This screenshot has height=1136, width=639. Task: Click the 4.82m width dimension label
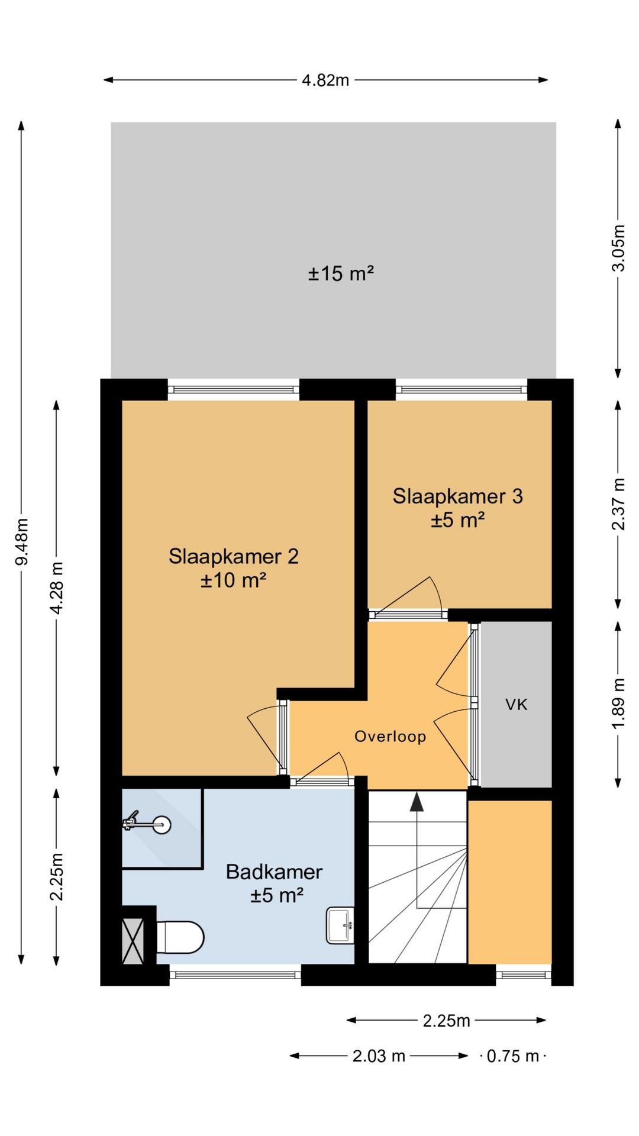click(x=325, y=80)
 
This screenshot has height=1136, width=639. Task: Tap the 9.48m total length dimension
click(x=22, y=541)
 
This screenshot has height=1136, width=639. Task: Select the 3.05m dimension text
click(x=618, y=248)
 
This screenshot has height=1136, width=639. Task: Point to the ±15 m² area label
click(x=341, y=274)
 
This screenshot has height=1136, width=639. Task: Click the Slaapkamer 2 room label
click(x=234, y=556)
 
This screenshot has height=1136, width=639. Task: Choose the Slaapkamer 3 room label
click(x=458, y=496)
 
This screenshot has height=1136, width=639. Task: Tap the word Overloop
click(x=390, y=736)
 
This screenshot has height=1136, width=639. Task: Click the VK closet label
click(x=517, y=704)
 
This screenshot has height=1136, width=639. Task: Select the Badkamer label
click(x=274, y=872)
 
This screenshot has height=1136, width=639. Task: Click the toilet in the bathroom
click(x=180, y=937)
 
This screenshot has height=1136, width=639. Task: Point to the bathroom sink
click(x=340, y=925)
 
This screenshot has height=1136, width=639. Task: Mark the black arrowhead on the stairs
click(x=418, y=802)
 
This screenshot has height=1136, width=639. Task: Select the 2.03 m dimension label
click(x=379, y=1056)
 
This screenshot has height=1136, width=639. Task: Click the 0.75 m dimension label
click(x=513, y=1056)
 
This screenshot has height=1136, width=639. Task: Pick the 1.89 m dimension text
click(x=618, y=703)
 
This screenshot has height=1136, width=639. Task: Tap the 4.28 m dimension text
click(x=57, y=588)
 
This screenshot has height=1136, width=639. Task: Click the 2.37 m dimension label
click(x=618, y=504)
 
